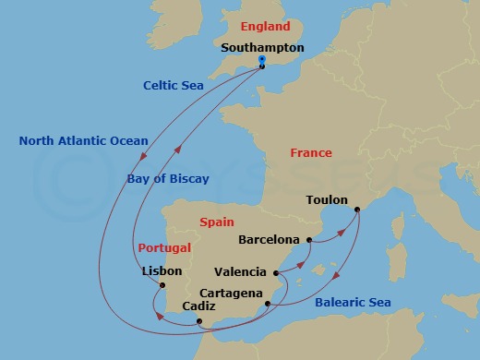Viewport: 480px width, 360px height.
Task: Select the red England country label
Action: click(x=265, y=27)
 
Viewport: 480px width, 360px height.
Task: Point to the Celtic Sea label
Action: click(x=173, y=85)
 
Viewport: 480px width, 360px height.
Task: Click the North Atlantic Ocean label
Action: click(x=83, y=141)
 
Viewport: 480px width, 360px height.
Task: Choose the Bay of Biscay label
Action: click(x=169, y=178)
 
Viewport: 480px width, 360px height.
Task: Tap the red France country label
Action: click(x=312, y=152)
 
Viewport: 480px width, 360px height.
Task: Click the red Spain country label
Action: click(x=216, y=222)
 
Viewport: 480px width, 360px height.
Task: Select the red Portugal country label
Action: click(x=164, y=248)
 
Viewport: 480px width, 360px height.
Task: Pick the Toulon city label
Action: click(x=327, y=199)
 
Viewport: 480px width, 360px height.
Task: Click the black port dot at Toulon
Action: click(x=356, y=210)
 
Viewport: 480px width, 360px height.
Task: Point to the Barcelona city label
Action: click(x=269, y=240)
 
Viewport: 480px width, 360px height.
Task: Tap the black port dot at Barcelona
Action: click(x=310, y=242)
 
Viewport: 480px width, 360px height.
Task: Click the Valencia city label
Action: click(x=240, y=272)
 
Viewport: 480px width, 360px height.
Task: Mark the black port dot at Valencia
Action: click(x=276, y=273)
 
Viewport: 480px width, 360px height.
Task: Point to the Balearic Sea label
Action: click(x=353, y=303)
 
